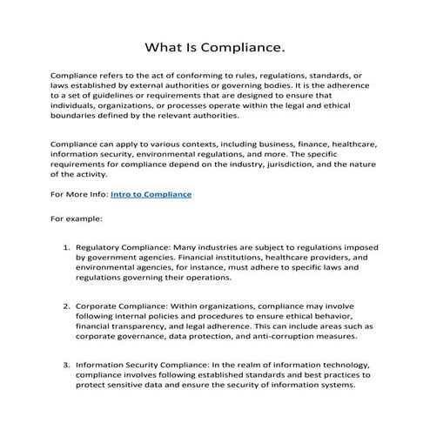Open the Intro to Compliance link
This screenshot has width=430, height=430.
148,194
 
